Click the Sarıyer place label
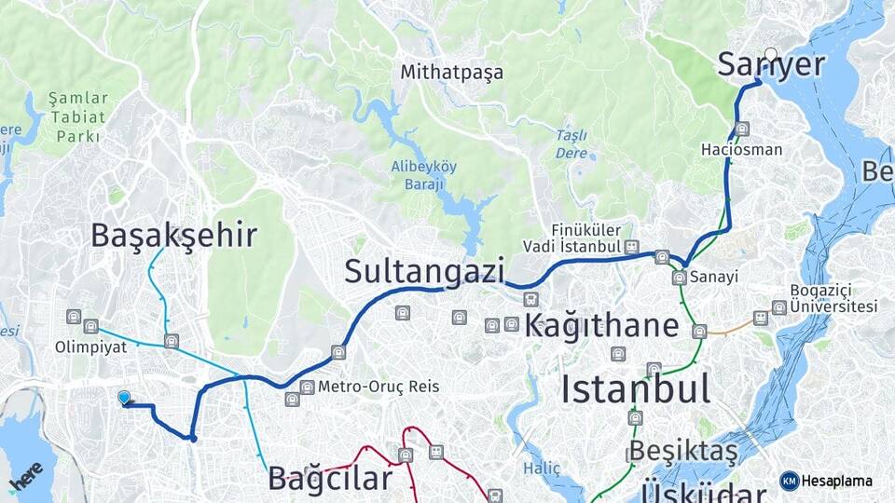click(771, 65)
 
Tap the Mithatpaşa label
click(451, 72)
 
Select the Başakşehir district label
click(172, 235)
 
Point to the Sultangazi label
click(423, 271)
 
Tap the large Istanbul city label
click(635, 387)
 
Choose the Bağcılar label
click(329, 478)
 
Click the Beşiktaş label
click(682, 452)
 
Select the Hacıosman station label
click(742, 149)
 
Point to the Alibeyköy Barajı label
click(424, 174)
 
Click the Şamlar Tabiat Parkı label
click(78, 116)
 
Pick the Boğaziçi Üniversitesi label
click(833, 297)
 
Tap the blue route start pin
click(124, 398)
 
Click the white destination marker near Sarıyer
click(771, 54)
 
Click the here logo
click(25, 476)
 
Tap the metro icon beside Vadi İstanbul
click(633, 247)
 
